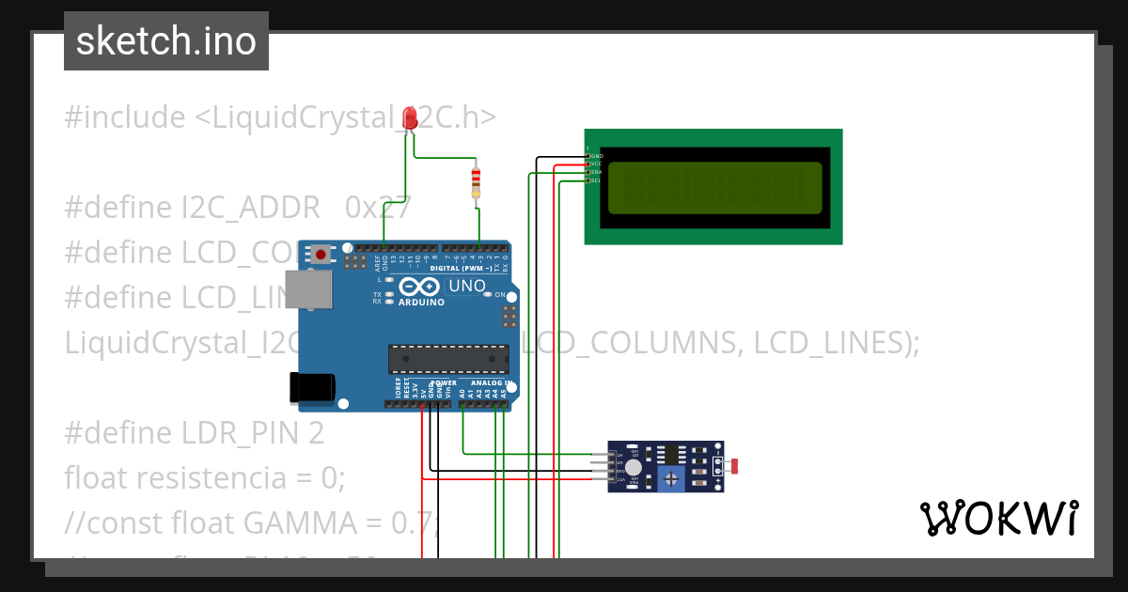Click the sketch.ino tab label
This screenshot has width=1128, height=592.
click(x=166, y=41)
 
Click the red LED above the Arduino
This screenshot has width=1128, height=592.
click(x=409, y=118)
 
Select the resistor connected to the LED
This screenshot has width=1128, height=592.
click(x=477, y=181)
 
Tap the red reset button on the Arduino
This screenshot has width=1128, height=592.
click(x=321, y=254)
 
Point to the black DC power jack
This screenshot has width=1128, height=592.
click(x=312, y=387)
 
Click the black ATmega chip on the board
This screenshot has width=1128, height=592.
click(x=448, y=359)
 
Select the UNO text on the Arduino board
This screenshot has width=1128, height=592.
click(x=466, y=286)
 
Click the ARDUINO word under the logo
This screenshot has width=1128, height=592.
click(x=421, y=303)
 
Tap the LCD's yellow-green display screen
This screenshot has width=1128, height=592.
click(x=714, y=187)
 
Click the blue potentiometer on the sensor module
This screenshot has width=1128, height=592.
click(x=670, y=480)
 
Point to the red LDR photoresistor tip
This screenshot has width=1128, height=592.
click(x=735, y=465)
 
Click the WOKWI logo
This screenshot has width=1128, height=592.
click(x=998, y=518)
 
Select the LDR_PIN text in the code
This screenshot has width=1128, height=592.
click(x=239, y=433)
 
